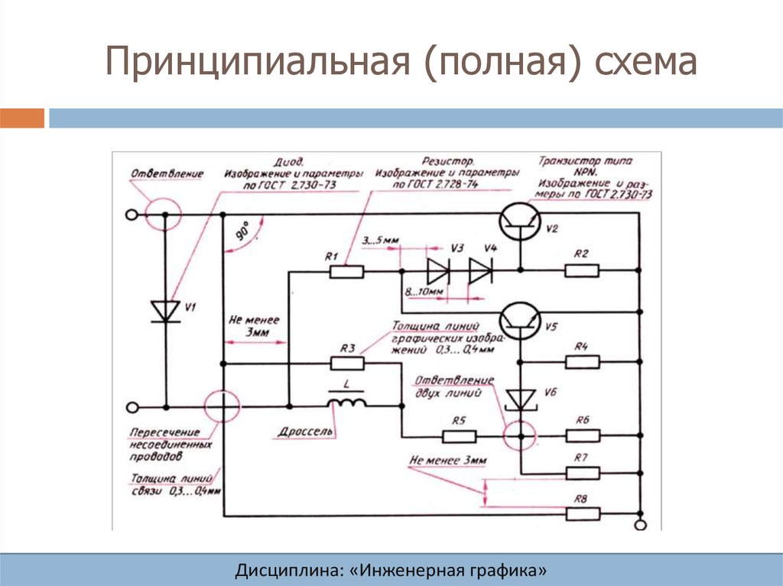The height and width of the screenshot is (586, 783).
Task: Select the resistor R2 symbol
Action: (581, 270)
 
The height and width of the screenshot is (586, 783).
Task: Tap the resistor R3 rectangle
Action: (346, 364)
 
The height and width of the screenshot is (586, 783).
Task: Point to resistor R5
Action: (460, 436)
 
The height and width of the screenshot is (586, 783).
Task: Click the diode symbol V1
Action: (164, 310)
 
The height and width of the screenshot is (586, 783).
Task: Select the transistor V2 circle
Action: (519, 222)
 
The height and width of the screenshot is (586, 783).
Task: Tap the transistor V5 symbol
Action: (519, 320)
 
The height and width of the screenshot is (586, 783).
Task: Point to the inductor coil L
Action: (346, 403)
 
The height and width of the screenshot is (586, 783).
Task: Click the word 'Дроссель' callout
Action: (306, 432)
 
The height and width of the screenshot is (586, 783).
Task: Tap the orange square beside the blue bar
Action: (22, 118)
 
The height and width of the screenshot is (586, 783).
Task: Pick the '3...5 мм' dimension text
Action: (380, 242)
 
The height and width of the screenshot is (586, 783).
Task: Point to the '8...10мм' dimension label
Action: (425, 293)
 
